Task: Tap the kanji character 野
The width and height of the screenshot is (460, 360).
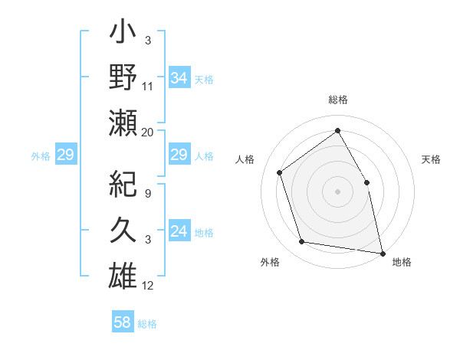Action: tap(123, 78)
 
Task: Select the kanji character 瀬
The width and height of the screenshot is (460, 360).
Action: tap(123, 123)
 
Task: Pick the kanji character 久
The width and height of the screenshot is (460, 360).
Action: tap(123, 228)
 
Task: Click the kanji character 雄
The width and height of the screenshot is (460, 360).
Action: tap(123, 273)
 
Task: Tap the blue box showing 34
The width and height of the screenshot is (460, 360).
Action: tap(179, 77)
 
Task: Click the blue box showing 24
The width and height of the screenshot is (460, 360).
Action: tap(179, 231)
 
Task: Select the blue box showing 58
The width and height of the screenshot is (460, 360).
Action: tap(123, 322)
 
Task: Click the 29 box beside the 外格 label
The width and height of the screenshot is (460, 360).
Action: tap(66, 155)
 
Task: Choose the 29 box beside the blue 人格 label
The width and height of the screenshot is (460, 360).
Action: tap(179, 155)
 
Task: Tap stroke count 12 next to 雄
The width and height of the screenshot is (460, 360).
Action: tap(148, 286)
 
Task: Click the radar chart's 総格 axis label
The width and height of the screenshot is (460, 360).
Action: tap(337, 100)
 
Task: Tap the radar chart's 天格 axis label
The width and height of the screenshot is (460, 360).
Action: tap(431, 159)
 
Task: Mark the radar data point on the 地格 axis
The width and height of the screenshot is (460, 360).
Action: tap(382, 252)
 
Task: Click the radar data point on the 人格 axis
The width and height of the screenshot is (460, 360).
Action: tap(280, 172)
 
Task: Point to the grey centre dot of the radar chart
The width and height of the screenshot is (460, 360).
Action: tap(337, 191)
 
